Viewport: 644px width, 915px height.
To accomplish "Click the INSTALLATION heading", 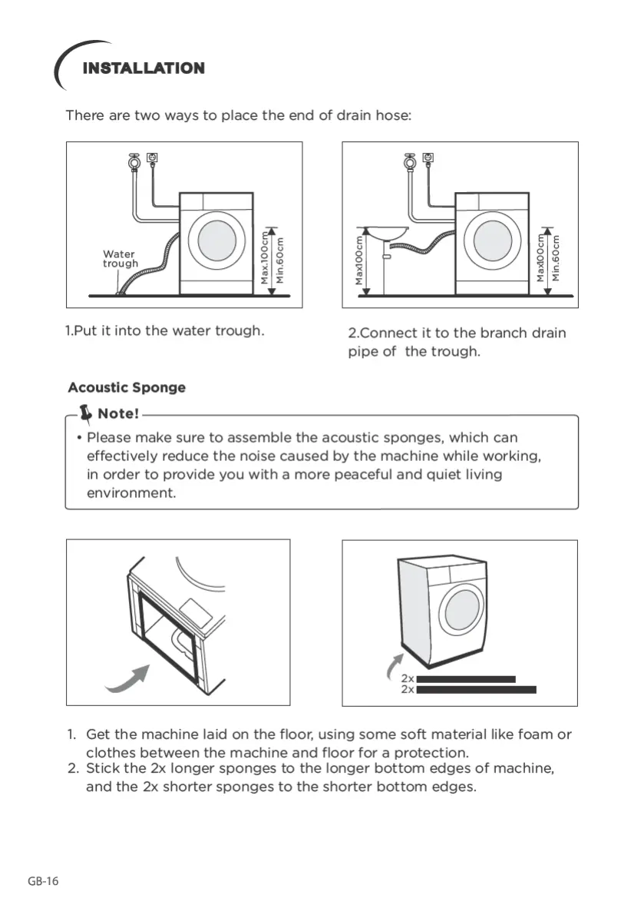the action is click(144, 68).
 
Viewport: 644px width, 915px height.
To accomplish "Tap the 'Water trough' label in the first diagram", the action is click(120, 259).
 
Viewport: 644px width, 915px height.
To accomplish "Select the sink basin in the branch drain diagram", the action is click(382, 233).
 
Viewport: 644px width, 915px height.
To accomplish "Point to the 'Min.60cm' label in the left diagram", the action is click(281, 259).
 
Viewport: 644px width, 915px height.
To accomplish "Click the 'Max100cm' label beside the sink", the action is click(358, 260).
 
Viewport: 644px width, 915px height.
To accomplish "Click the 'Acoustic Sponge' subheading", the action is click(127, 388).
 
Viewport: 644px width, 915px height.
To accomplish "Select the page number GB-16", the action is click(43, 881).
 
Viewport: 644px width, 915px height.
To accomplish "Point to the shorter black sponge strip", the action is click(466, 679).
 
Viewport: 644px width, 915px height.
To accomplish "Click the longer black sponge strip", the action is click(476, 690).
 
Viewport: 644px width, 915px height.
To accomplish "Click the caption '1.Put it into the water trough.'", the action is click(165, 331).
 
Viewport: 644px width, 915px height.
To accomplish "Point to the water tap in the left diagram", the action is click(135, 163).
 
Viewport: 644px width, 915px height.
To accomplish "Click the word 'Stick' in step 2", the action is click(103, 768).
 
